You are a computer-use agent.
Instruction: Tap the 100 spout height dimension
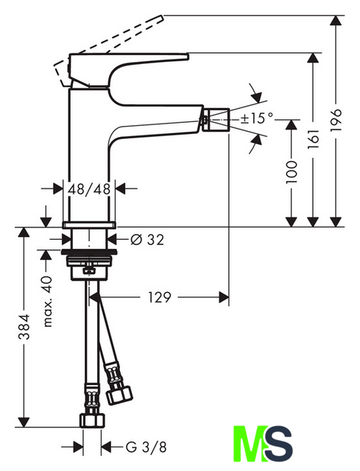(x=292, y=172)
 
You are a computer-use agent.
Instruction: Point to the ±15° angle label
(x=258, y=118)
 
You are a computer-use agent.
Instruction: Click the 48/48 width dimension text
(x=89, y=189)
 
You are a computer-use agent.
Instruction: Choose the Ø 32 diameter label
(x=147, y=240)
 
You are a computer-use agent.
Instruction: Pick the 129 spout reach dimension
(x=160, y=297)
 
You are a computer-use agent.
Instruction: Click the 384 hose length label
(x=24, y=327)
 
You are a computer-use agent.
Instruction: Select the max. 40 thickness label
(x=47, y=302)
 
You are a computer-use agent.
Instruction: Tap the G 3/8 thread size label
(x=146, y=447)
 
